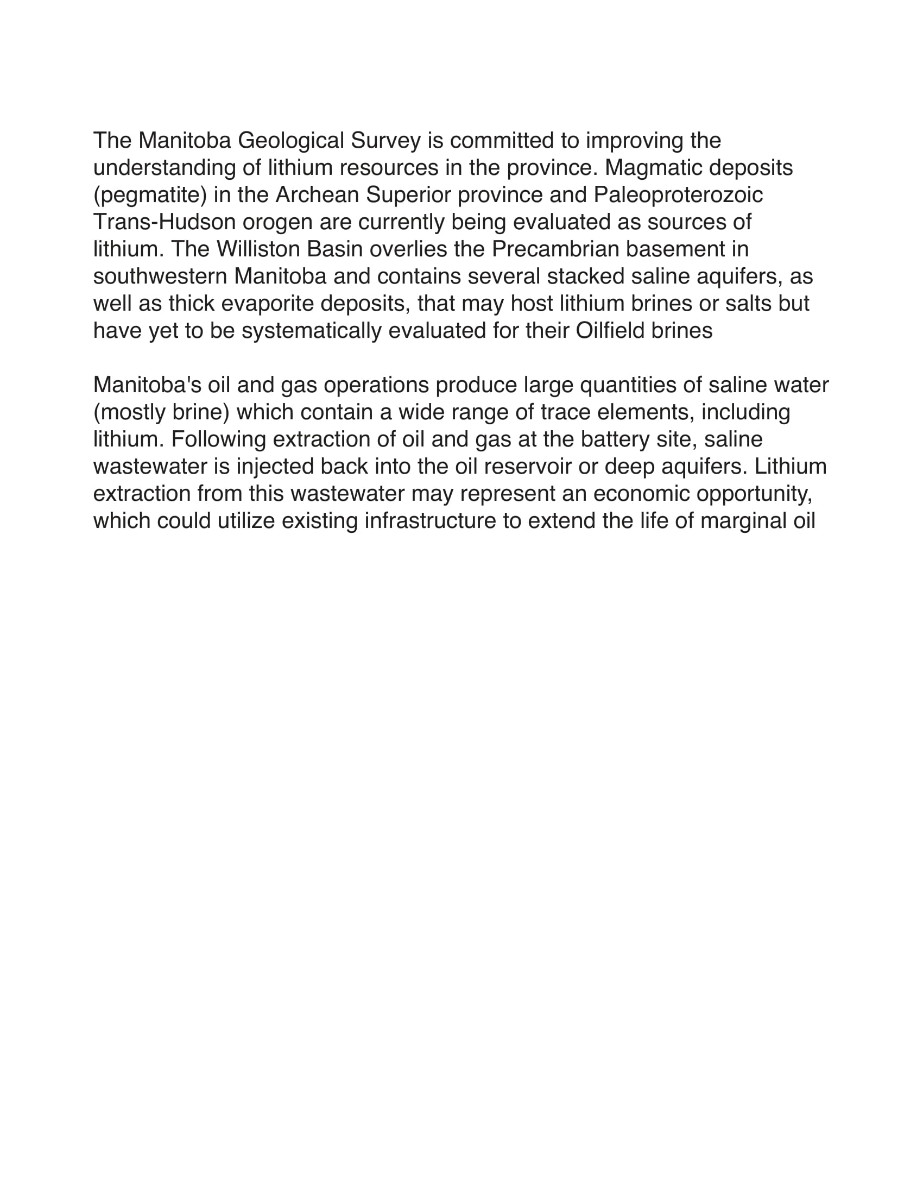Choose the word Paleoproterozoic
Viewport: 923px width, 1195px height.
tap(678, 195)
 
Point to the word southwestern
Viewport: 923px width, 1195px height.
tap(160, 276)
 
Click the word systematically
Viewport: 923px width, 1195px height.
tap(311, 331)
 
